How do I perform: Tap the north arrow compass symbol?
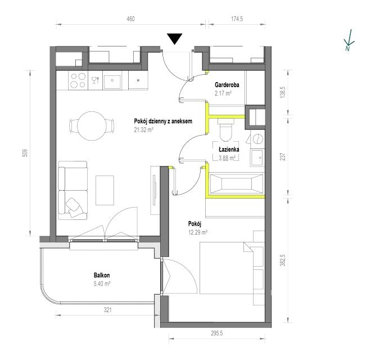[349, 40]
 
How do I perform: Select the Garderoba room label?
[227, 85]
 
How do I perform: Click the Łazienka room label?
[229, 150]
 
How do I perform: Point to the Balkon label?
[102, 275]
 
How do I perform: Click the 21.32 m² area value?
[143, 130]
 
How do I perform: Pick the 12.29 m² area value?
[198, 232]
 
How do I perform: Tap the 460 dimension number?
[130, 19]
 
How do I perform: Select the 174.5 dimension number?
[237, 19]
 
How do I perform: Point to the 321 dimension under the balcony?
[108, 310]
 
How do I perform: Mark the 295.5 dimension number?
[217, 333]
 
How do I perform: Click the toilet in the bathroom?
[226, 130]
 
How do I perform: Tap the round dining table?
[92, 126]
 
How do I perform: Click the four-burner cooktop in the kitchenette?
[78, 80]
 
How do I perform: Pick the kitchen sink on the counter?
[112, 81]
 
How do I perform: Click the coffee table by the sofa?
[105, 190]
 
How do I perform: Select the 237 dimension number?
[283, 157]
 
